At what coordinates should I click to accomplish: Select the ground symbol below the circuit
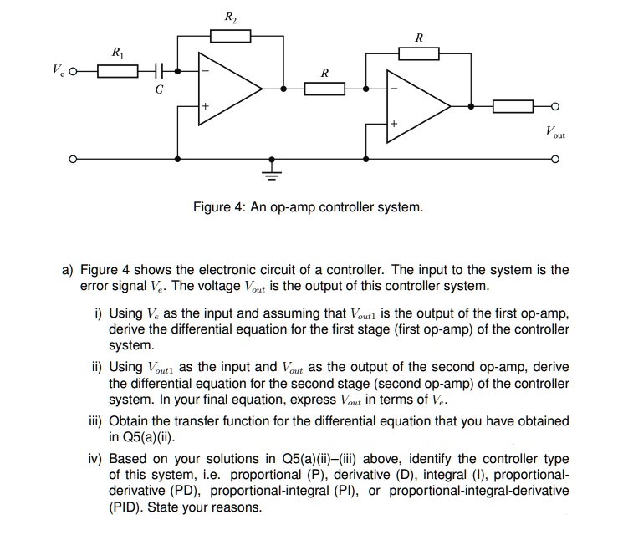tap(271, 173)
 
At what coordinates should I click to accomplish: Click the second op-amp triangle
tap(416, 106)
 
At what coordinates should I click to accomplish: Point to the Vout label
tap(554, 132)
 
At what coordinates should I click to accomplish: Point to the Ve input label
tap(58, 71)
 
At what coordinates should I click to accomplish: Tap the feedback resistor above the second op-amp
tap(418, 54)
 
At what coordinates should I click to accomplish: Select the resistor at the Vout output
tap(513, 106)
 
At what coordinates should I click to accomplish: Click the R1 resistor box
tap(118, 71)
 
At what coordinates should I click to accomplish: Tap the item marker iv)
tap(96, 460)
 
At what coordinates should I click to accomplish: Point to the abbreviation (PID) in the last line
tap(126, 507)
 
